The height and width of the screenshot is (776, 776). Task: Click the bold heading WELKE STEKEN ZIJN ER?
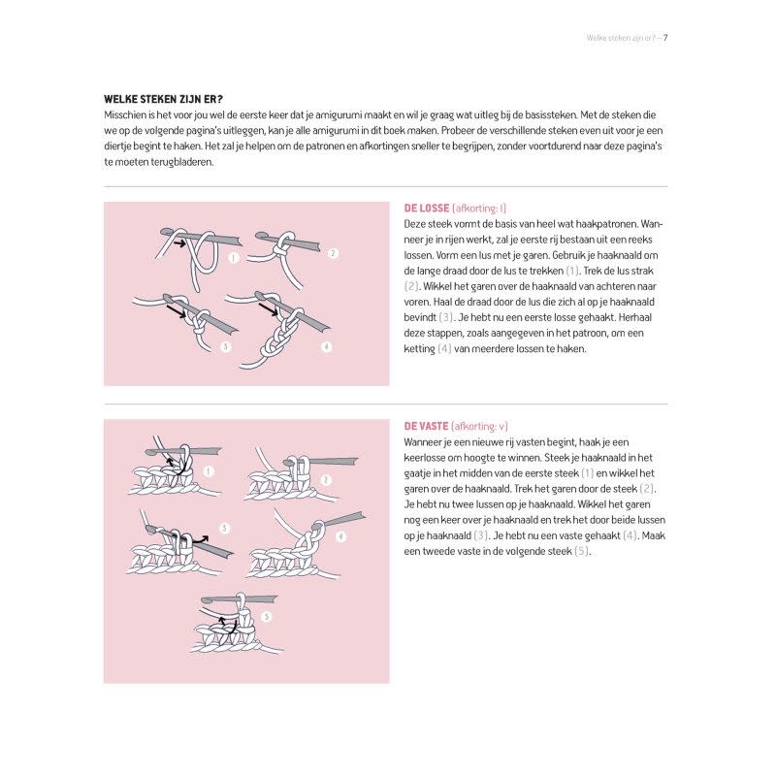(x=163, y=99)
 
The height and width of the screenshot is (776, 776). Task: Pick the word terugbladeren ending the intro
(x=181, y=162)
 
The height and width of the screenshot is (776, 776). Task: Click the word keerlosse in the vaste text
(x=426, y=458)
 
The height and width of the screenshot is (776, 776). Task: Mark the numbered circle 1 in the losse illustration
(x=234, y=258)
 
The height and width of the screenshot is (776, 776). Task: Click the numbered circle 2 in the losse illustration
(x=333, y=253)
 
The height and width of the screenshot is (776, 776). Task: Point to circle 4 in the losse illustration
(x=326, y=346)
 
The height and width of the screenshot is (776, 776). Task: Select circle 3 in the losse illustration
(x=226, y=345)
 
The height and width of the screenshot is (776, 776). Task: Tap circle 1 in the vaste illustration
(x=210, y=470)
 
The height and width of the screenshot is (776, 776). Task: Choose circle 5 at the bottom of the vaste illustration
(x=266, y=615)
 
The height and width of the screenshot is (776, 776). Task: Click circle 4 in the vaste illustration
(x=340, y=536)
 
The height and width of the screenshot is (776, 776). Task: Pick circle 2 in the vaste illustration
(x=325, y=479)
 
